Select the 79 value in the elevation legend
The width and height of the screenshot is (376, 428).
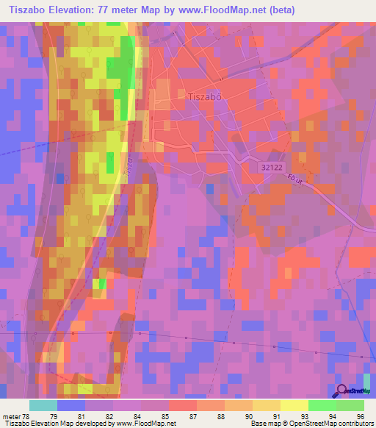click(71, 416)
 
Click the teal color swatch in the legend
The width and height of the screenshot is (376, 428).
click(43, 405)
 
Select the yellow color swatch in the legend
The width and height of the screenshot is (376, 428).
click(266, 405)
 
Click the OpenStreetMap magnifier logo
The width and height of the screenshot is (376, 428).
click(342, 390)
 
